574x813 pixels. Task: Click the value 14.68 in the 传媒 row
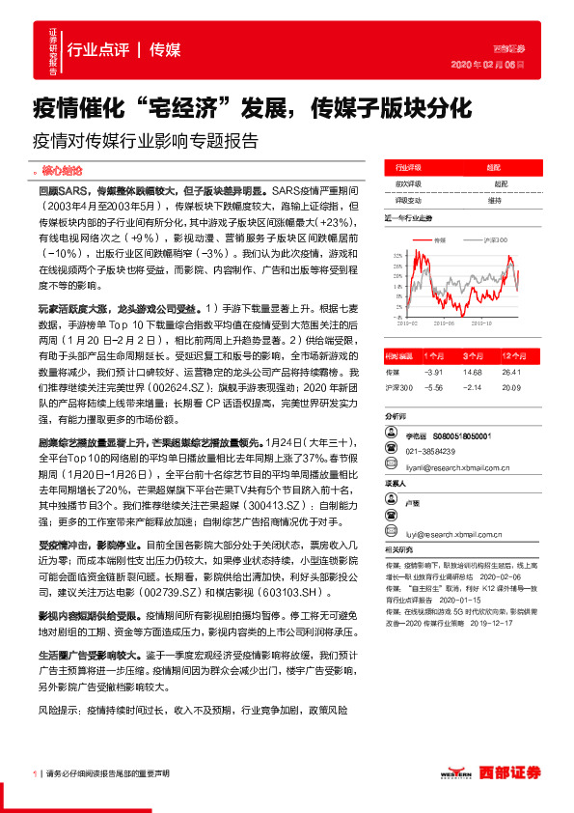tap(473, 371)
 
